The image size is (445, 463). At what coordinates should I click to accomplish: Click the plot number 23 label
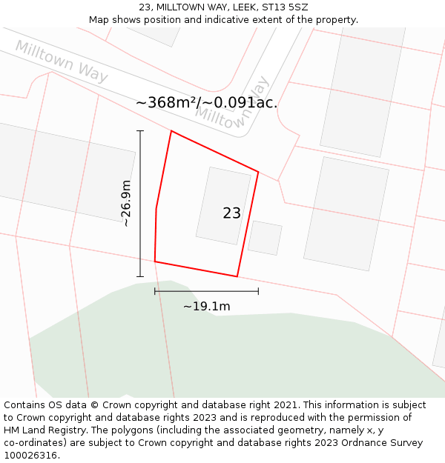pyautogui.click(x=231, y=213)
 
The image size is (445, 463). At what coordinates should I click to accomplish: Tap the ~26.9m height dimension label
pyautogui.click(x=126, y=203)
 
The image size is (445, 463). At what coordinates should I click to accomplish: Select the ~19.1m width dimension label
pyautogui.click(x=206, y=306)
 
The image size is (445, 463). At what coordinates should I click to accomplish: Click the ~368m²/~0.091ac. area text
pyautogui.click(x=206, y=103)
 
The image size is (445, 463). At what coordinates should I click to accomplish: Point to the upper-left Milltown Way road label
pyautogui.click(x=62, y=61)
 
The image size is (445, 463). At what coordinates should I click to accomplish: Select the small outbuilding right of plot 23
pyautogui.click(x=265, y=238)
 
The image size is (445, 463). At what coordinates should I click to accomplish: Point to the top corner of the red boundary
pyautogui.click(x=171, y=131)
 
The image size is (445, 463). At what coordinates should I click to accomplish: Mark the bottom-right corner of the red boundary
pyautogui.click(x=237, y=276)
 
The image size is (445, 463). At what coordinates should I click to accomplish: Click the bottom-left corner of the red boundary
pyautogui.click(x=155, y=261)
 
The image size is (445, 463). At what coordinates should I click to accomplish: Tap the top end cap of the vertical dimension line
pyautogui.click(x=140, y=131)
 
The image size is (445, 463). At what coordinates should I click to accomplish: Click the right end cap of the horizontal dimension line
pyautogui.click(x=258, y=291)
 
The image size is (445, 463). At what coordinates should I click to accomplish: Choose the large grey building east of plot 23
pyautogui.click(x=346, y=213)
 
